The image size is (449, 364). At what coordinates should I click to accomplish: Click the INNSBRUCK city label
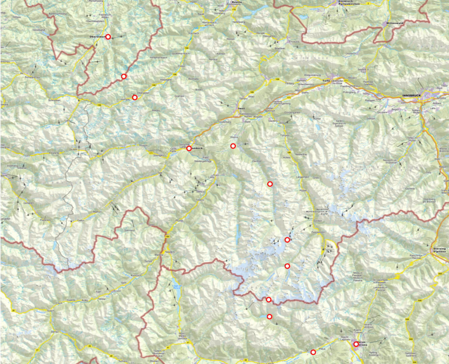point(411,96)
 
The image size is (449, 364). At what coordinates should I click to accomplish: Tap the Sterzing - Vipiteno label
point(440,249)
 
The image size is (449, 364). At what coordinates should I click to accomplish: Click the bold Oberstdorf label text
point(96,36)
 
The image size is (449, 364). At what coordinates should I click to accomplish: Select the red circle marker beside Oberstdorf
point(108,36)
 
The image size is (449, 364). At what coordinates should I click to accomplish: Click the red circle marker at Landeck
point(189,148)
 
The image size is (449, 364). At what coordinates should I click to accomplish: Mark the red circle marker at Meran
point(356,344)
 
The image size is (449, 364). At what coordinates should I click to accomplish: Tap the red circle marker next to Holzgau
point(135,97)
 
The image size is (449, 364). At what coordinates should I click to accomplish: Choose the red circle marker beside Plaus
point(313,352)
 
